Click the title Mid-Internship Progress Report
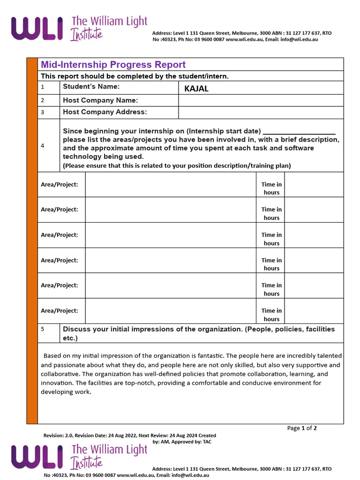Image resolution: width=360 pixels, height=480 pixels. [113, 65]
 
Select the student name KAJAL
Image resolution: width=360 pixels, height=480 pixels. [196, 89]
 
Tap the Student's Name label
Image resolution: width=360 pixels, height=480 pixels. [91, 86]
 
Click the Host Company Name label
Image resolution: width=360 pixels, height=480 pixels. [100, 100]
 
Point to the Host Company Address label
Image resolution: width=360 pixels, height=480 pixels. [105, 112]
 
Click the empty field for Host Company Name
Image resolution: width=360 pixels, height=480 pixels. [261, 100]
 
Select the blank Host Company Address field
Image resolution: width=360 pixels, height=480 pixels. [261, 112]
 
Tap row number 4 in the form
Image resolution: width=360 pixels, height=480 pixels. [43, 146]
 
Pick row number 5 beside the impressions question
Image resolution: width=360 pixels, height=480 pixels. [43, 329]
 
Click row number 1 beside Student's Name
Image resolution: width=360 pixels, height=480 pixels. [43, 87]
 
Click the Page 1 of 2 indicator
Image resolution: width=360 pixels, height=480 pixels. [302, 428]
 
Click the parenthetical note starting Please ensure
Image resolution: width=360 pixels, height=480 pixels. [177, 165]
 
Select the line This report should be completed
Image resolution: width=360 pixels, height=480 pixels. [135, 76]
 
